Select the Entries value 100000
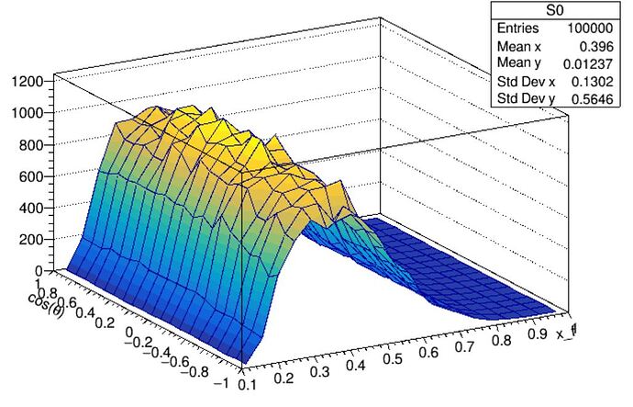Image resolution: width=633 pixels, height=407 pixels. (596, 29)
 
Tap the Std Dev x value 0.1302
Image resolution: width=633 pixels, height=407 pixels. (601, 80)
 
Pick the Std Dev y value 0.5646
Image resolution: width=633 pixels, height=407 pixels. (601, 96)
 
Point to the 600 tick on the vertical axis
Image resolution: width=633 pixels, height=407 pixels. (33, 176)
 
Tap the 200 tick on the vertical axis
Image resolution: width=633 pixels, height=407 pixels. (33, 239)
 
